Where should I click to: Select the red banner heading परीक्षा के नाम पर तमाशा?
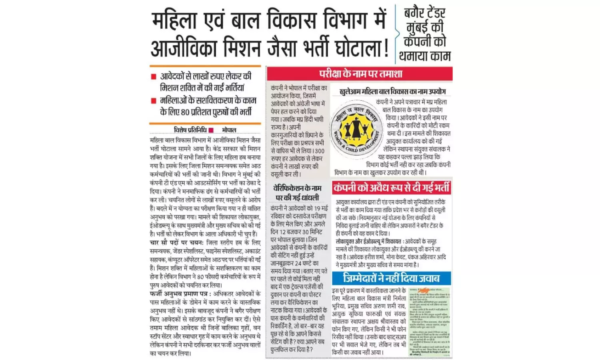click(360, 74)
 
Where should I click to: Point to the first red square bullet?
click(154, 76)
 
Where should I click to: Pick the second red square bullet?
click(154, 101)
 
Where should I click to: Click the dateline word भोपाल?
click(229, 130)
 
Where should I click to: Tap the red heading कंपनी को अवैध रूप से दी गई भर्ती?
click(392, 188)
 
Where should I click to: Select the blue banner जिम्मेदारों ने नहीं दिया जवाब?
click(391, 278)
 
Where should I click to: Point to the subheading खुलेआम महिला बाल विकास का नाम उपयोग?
click(392, 92)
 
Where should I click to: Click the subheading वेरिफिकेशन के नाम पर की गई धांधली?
click(297, 193)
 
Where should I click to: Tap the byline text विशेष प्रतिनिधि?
click(190, 130)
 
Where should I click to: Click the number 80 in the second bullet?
click(185, 112)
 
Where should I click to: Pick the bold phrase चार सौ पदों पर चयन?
click(176, 243)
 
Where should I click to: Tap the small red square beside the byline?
click(212, 130)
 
